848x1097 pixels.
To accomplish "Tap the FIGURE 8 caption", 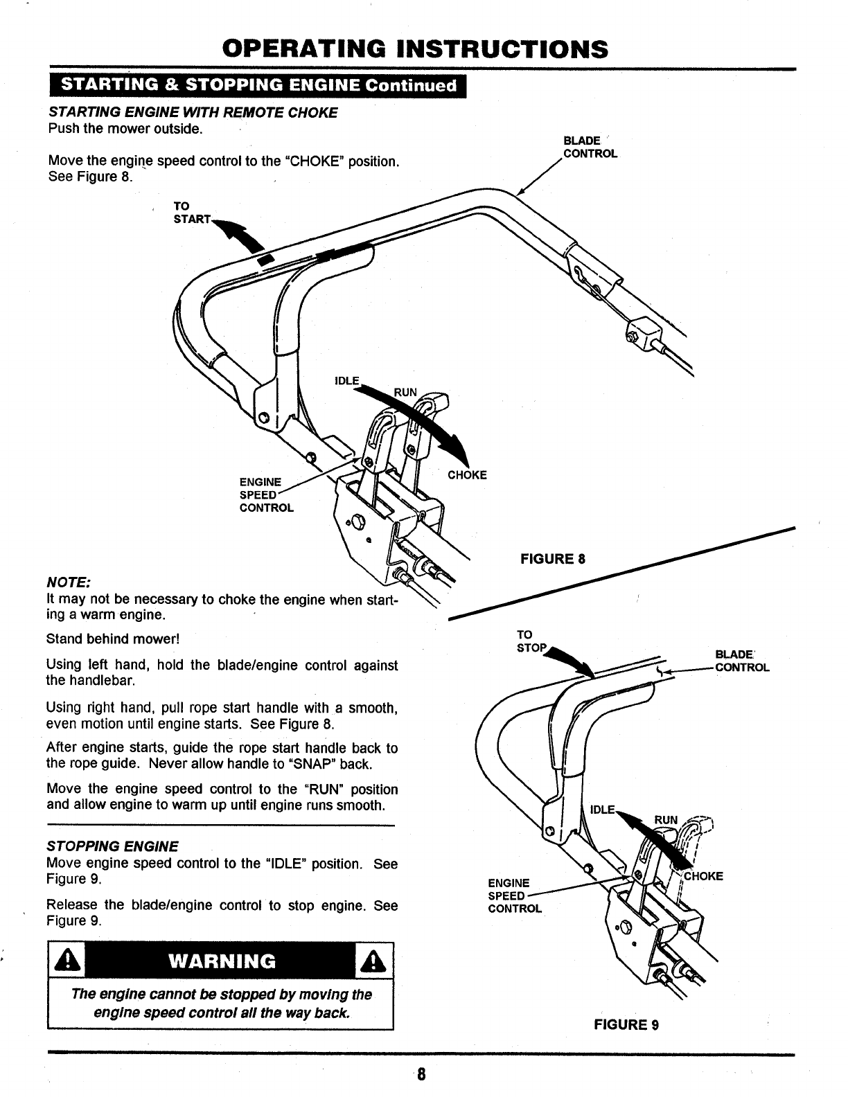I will pos(552,558).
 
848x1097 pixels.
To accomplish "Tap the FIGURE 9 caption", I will pos(626,1024).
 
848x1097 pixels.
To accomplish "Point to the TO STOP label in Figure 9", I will pos(531,641).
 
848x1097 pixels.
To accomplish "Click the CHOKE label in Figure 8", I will pos(467,474).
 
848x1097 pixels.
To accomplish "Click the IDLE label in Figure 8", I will pos(347,381).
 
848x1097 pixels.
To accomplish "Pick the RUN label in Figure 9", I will pos(666,820).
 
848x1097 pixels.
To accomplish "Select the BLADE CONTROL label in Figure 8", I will pos(590,147).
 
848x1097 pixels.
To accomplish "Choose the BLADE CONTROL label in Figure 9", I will pos(741,661).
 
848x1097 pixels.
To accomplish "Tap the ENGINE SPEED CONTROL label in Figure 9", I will pos(515,895).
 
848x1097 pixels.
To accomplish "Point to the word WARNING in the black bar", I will pos(221,961).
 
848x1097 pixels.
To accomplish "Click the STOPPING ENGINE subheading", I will pos(112,846).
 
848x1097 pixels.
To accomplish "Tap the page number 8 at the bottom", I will pos(421,1076).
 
